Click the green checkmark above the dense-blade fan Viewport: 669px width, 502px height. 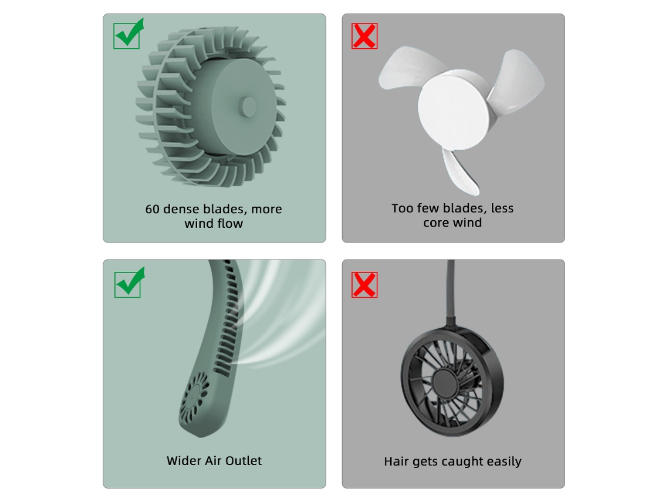pos(129,33)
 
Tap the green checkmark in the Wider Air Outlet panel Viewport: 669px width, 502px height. pos(129,282)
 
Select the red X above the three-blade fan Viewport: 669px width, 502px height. pos(364,36)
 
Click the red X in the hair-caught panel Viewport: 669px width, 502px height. pos(364,285)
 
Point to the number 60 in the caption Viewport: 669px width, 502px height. pos(153,209)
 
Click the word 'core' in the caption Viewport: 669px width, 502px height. pos(436,223)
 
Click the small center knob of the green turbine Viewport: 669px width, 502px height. pos(248,106)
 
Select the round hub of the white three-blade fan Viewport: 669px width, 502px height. pos(453,110)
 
